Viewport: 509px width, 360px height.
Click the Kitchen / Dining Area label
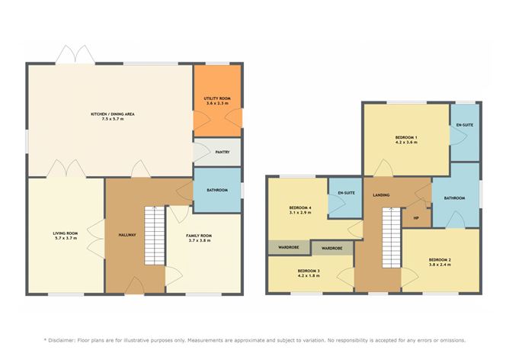(112, 114)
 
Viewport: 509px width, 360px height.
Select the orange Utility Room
(216, 104)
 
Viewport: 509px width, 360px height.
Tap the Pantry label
(222, 152)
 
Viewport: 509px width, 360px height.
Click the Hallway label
(126, 235)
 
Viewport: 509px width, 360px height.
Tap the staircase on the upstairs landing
(391, 236)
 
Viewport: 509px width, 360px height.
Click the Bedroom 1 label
(405, 137)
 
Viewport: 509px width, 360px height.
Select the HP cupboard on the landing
(416, 217)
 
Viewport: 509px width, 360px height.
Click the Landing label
(381, 195)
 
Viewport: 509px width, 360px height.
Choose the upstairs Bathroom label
(454, 198)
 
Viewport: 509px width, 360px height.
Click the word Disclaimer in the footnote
(68, 340)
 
